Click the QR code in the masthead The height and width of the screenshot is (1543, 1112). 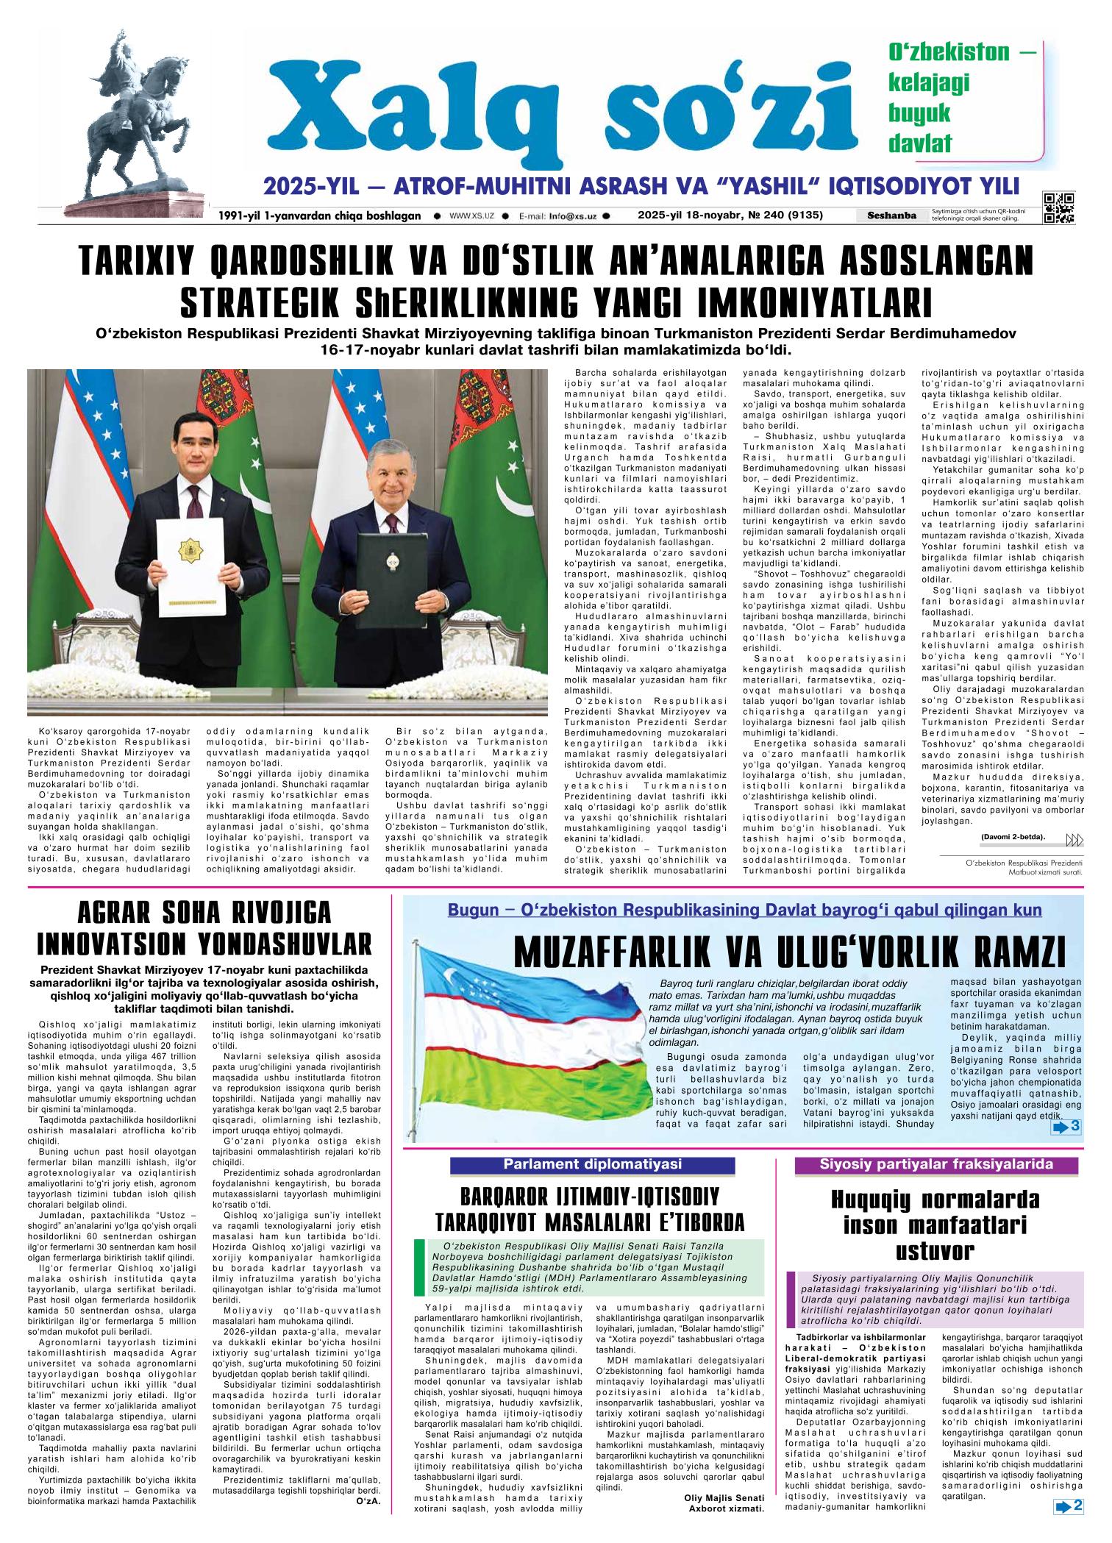(1058, 207)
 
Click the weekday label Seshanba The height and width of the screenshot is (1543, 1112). (891, 215)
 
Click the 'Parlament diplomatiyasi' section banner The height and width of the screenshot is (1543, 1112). (592, 1164)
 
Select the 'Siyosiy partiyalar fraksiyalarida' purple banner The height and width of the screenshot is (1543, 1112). (936, 1164)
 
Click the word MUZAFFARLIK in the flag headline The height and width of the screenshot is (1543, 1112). (632, 953)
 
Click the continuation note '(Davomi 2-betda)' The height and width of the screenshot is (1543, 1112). (1013, 836)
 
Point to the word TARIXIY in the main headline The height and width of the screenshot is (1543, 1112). (139, 263)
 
